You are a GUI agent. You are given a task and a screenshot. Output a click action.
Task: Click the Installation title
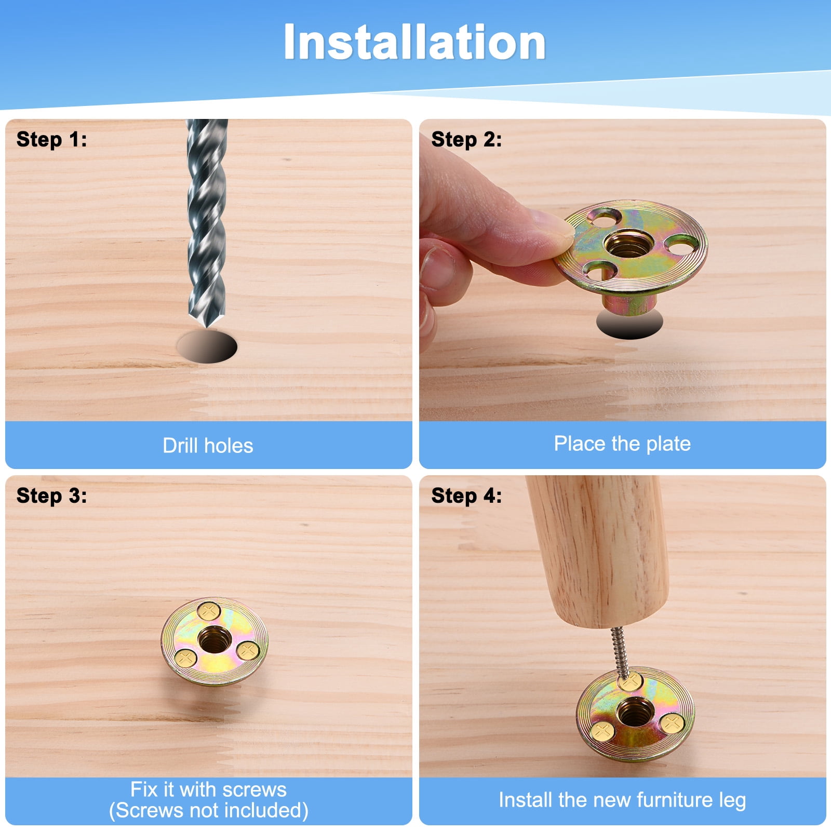[414, 43]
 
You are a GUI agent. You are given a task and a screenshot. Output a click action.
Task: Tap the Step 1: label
[51, 139]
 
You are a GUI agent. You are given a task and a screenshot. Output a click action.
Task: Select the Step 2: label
[466, 139]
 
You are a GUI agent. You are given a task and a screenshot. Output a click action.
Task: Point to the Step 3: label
[51, 495]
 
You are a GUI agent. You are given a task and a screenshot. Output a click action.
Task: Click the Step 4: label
[466, 495]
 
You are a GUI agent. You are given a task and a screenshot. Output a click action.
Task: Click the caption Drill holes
[208, 446]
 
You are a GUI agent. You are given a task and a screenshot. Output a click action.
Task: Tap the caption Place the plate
[622, 444]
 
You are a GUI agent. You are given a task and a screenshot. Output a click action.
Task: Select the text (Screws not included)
[208, 810]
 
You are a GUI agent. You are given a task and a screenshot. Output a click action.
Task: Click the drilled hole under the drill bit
[207, 346]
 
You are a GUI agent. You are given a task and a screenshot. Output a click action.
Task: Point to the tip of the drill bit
[207, 327]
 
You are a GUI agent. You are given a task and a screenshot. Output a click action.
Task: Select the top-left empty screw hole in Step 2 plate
[605, 217]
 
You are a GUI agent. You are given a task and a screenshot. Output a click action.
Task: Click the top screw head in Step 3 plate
[209, 611]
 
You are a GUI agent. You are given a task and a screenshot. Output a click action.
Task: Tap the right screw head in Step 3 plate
[248, 650]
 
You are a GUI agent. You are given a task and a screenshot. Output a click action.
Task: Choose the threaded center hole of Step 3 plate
[215, 639]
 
